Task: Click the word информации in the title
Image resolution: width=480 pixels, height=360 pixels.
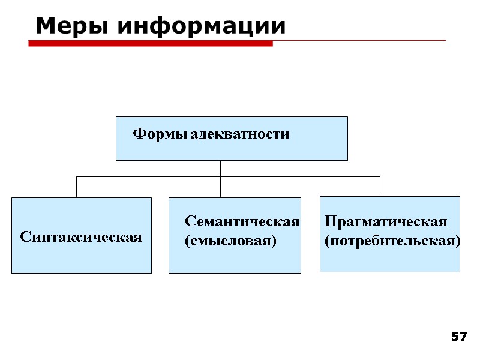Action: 201,26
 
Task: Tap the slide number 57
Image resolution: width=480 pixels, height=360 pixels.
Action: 459,337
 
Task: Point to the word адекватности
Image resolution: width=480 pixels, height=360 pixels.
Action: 240,134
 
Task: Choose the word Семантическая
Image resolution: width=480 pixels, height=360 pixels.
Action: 242,221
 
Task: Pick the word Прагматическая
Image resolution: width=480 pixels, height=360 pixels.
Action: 386,221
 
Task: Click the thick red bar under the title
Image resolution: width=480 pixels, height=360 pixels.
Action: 150,43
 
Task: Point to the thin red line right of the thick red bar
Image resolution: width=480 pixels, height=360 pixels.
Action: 360,41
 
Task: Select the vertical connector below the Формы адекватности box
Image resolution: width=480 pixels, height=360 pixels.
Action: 221,169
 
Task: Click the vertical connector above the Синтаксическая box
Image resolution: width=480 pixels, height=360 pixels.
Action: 76,187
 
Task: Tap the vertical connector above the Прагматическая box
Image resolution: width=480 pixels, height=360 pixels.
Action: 380,187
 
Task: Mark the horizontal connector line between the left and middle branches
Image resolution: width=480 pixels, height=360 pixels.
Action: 148,177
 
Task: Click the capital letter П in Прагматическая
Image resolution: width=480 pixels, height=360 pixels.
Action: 329,221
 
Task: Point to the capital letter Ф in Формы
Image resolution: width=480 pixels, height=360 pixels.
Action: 137,134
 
